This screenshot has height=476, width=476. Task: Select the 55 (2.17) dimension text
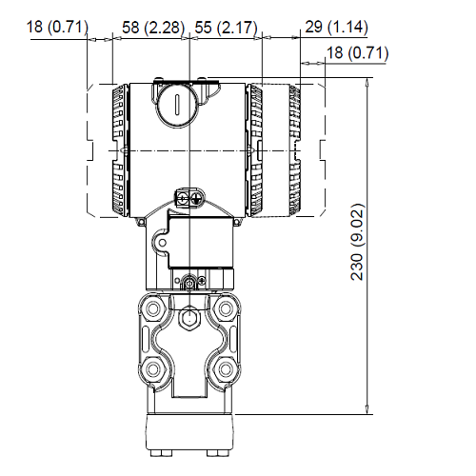(x=226, y=28)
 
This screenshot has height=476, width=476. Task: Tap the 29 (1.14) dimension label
(x=336, y=28)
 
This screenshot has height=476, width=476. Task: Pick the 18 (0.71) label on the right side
(x=358, y=53)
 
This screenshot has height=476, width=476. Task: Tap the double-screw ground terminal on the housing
(x=190, y=198)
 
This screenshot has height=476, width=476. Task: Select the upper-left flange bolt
(x=153, y=309)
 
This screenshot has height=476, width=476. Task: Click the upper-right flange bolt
(x=227, y=309)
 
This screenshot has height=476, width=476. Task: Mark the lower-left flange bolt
(x=153, y=368)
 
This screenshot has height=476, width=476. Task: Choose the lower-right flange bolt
(x=227, y=368)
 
